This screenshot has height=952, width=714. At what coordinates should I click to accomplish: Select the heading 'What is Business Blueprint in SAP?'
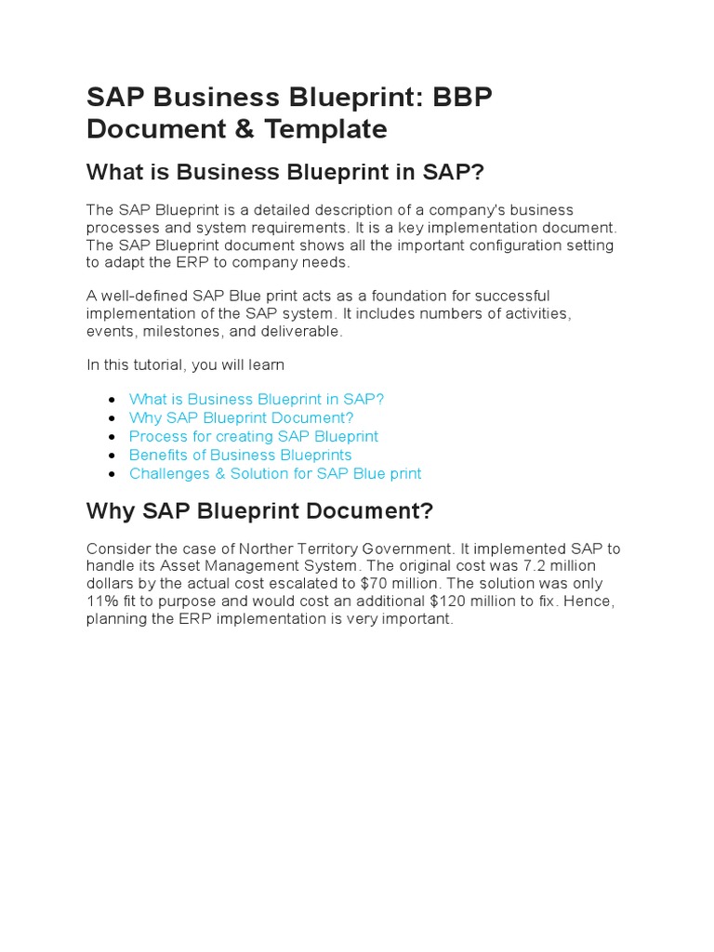tap(285, 173)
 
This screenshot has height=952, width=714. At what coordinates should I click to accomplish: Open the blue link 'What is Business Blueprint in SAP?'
tap(256, 399)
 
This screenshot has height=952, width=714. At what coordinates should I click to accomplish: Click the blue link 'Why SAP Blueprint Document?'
tap(241, 417)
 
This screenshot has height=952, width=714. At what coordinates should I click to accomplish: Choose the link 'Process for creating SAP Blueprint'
tap(253, 436)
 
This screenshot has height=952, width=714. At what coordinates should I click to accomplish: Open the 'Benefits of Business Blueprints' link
tap(240, 455)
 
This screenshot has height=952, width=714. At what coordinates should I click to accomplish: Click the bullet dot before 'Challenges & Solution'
tap(111, 474)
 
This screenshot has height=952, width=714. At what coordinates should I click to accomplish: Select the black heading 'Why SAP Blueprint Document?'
tap(259, 511)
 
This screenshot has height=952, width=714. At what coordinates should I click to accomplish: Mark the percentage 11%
tap(100, 602)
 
